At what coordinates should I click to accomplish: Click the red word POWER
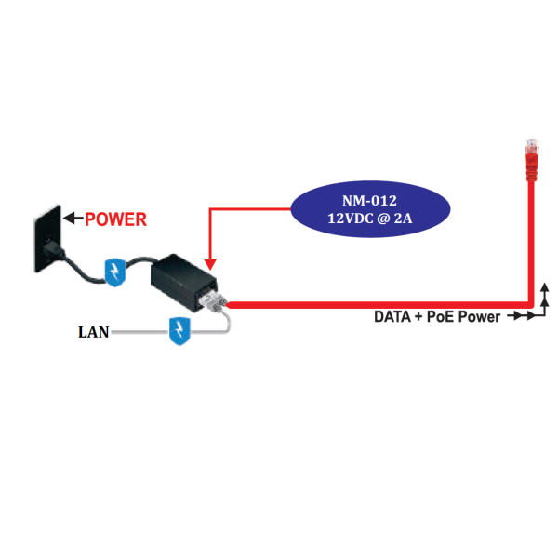pos(115,220)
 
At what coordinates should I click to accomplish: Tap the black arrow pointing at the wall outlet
pos(72,219)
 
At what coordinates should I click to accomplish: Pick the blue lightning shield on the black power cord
pos(114,272)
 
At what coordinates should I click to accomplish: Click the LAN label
pos(93,331)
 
